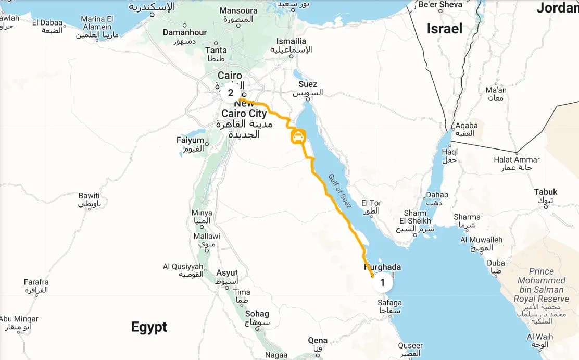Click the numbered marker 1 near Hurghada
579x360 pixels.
pos(383,283)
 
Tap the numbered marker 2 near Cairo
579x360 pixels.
pos(231,94)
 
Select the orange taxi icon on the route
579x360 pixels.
pos(297,138)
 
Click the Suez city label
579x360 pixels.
pos(308,84)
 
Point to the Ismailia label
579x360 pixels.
pos(291,41)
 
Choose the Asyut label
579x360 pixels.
pos(227,273)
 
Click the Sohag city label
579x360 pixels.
pos(257,314)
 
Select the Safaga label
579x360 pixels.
pos(390,303)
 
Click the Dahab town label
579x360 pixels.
pos(437,195)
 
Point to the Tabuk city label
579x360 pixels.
pos(546,192)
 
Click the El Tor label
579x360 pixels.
pos(371,203)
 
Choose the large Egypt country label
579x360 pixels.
pos(149,327)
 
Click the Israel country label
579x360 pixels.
pos(444,29)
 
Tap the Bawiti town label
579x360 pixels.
pos(89,196)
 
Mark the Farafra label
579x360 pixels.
pos(36,282)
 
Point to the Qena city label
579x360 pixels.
pos(318,341)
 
